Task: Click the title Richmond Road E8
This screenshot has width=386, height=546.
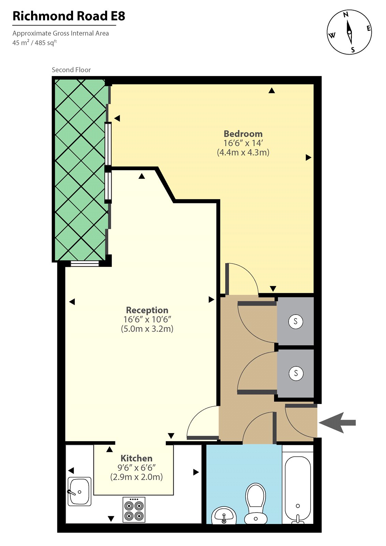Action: click(69, 16)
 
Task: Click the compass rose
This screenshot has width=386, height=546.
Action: click(349, 32)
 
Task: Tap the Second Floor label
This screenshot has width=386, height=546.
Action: click(71, 70)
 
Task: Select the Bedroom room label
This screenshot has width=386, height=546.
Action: click(243, 134)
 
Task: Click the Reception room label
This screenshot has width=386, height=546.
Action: click(147, 310)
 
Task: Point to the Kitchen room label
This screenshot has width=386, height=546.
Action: click(137, 458)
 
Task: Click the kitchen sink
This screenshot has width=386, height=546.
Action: click(80, 491)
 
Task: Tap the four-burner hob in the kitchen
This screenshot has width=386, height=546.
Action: click(134, 509)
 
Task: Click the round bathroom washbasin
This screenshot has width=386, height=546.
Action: click(224, 516)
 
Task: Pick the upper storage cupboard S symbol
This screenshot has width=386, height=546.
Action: click(296, 321)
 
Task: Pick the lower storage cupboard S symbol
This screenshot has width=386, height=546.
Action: click(296, 373)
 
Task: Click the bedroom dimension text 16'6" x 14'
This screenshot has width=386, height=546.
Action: click(243, 143)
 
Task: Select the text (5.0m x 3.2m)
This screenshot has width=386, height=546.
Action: click(147, 329)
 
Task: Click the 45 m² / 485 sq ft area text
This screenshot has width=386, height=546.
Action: click(34, 43)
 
